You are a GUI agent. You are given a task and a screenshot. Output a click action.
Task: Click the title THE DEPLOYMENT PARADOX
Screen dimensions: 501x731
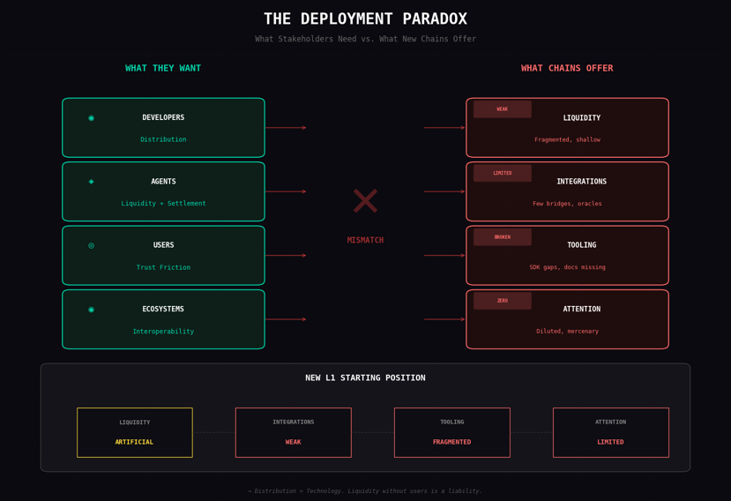(x=365, y=19)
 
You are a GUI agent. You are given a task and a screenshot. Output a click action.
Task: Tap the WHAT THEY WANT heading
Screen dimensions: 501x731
(x=163, y=69)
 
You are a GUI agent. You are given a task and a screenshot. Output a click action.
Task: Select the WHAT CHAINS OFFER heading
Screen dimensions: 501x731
(x=567, y=69)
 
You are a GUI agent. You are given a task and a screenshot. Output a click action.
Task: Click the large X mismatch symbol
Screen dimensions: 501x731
(x=365, y=201)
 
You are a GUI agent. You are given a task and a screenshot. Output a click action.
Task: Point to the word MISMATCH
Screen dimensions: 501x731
(x=365, y=240)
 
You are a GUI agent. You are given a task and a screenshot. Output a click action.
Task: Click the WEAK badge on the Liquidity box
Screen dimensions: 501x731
(x=502, y=109)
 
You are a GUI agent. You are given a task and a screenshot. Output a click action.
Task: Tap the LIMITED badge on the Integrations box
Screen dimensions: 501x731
(x=502, y=173)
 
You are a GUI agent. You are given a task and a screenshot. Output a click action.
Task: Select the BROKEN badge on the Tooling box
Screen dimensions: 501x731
(x=502, y=237)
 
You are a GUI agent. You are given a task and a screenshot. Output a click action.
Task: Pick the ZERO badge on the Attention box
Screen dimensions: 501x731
(x=502, y=301)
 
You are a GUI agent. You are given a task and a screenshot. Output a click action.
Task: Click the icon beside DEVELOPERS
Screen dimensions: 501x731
(x=91, y=118)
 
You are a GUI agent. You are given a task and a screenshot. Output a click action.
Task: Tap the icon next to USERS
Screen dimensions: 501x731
(x=91, y=245)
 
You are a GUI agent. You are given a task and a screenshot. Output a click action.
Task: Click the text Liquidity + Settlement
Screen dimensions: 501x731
(x=163, y=204)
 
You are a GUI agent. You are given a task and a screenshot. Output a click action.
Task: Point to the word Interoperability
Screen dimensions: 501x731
(x=163, y=332)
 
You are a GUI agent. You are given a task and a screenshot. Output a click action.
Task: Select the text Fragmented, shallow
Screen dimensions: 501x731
(x=567, y=139)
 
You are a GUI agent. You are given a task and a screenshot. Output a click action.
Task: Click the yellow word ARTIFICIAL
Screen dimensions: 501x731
(x=134, y=442)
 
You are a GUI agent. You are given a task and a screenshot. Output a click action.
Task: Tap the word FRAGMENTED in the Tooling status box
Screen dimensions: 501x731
(x=451, y=442)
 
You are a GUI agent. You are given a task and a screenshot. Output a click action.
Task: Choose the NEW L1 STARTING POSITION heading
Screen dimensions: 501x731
(x=365, y=378)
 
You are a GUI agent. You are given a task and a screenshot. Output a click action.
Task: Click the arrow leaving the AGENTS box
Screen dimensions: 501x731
(x=286, y=191)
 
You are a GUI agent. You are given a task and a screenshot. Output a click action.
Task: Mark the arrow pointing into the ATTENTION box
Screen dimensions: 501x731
(x=444, y=319)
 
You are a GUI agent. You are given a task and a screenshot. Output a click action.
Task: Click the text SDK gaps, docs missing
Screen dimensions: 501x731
(x=567, y=267)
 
